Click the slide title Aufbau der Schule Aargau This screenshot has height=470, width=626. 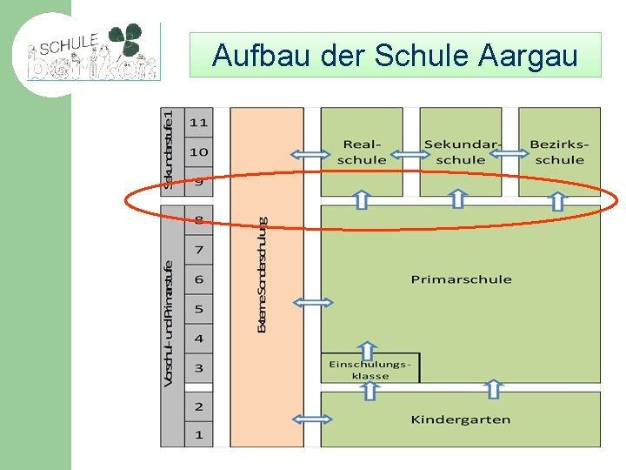tap(395, 56)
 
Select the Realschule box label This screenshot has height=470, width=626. tap(362, 152)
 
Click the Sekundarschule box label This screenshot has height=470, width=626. tap(461, 152)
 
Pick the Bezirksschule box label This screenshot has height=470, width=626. tap(559, 152)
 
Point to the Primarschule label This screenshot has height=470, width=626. tap(461, 279)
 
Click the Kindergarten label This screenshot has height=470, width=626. tap(461, 420)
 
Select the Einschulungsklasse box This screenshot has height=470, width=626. tap(370, 369)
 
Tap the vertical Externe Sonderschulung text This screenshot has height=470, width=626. tap(263, 275)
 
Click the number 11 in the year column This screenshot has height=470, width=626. tap(199, 123)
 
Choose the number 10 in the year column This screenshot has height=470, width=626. tap(199, 152)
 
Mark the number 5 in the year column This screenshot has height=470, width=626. tap(199, 309)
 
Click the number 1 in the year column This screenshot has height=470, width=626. tap(199, 434)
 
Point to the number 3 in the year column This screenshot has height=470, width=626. tap(199, 368)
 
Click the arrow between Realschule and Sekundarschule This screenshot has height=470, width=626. tap(411, 155)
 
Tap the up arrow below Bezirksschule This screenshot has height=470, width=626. tap(557, 200)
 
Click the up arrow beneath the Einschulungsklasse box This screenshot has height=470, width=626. tap(370, 390)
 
